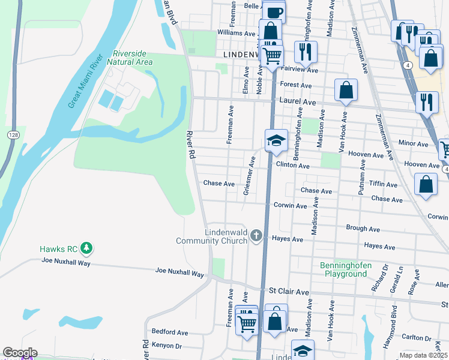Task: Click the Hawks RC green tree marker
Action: click(x=86, y=248)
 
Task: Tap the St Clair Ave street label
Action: click(x=289, y=292)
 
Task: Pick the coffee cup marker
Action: click(x=273, y=11)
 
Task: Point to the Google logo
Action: click(x=20, y=353)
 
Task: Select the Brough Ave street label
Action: click(x=363, y=229)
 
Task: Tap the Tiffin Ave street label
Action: click(x=383, y=184)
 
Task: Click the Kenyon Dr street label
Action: click(x=166, y=346)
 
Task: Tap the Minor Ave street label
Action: click(x=413, y=144)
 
